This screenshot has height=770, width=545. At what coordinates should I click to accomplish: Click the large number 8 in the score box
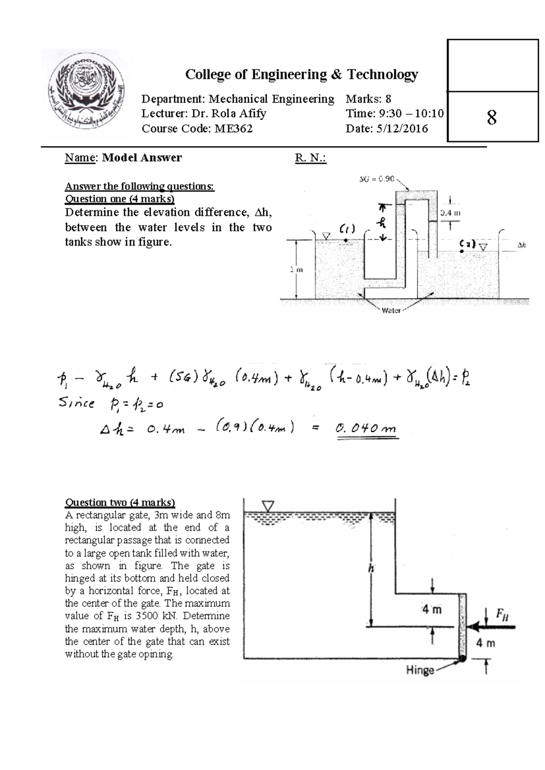(x=491, y=118)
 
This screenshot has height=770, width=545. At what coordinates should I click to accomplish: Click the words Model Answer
(x=142, y=158)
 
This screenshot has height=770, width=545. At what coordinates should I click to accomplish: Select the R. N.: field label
(x=311, y=158)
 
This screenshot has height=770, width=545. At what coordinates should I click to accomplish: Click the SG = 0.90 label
(x=377, y=179)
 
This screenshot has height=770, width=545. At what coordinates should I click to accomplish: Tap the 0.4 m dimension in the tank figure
(x=450, y=212)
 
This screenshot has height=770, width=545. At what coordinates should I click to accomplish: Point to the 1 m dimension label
(x=296, y=270)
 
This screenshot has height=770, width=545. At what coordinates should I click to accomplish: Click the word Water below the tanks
(x=391, y=311)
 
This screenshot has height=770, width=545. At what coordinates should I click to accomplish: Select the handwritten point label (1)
(x=347, y=228)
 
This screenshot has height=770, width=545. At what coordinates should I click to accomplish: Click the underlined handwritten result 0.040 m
(x=366, y=428)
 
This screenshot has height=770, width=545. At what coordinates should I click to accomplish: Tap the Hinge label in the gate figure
(x=420, y=670)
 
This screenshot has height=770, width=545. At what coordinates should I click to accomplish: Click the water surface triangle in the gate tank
(x=268, y=506)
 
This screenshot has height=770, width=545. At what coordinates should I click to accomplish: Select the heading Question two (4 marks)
(x=120, y=502)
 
